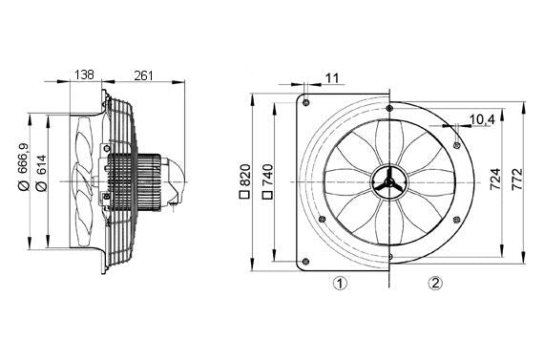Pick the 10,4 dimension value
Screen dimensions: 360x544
[482, 119]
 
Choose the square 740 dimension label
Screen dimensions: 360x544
[269, 179]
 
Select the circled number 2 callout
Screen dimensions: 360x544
[435, 282]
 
